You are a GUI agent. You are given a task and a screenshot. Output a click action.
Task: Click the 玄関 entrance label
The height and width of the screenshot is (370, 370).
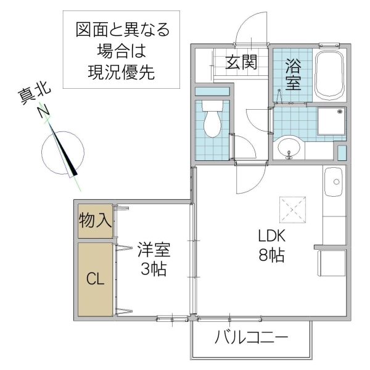point(240,64)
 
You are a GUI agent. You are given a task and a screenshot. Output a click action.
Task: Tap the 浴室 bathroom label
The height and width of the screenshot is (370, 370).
point(293,74)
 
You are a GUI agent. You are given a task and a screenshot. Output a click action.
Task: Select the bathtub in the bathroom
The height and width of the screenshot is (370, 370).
point(331,75)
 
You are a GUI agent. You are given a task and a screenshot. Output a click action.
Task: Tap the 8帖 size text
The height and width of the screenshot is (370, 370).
point(271,255)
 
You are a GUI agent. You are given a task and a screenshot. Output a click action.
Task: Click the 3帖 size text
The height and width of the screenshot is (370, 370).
point(153,269)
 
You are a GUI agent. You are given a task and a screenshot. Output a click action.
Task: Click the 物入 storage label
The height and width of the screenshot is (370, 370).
point(95,221)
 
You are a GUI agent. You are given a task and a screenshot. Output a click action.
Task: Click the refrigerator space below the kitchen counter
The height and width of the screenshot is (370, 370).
point(332,262)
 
